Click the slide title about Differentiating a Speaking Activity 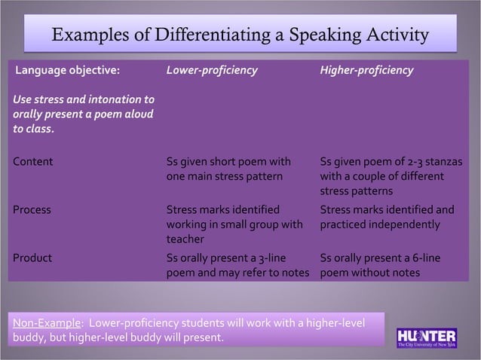240,36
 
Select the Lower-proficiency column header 212,71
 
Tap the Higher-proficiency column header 366,71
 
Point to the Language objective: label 68,71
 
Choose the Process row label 32,209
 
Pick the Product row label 32,258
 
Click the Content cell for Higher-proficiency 391,175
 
